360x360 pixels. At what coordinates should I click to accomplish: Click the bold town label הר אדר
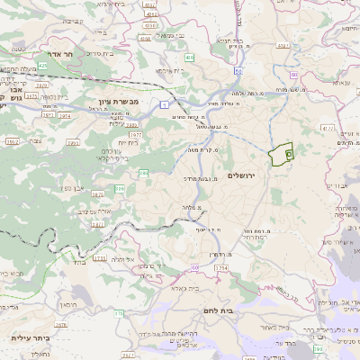point(71,53)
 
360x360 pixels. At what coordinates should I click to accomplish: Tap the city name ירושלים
point(243,175)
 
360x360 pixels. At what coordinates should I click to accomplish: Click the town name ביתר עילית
point(27,337)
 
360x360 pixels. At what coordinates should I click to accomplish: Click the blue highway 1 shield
point(164,104)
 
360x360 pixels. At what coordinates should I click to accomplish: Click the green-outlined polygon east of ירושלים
point(283,154)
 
